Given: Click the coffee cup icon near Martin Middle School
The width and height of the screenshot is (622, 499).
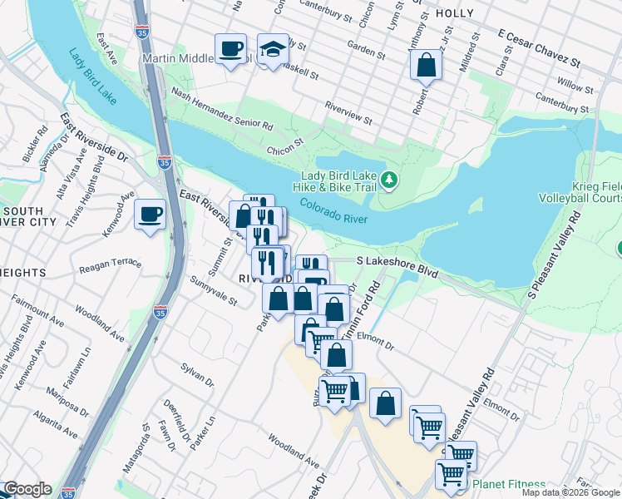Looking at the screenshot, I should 230,49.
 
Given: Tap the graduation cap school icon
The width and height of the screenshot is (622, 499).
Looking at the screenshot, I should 272,49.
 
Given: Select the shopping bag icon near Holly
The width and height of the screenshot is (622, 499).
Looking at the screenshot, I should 425,64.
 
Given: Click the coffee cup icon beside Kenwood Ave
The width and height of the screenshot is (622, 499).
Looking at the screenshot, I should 150,215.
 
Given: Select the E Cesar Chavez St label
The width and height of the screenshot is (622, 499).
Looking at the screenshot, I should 538,48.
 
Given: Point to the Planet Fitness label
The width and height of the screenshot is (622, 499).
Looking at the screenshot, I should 509,484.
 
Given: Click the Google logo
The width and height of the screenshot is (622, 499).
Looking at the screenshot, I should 27,489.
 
